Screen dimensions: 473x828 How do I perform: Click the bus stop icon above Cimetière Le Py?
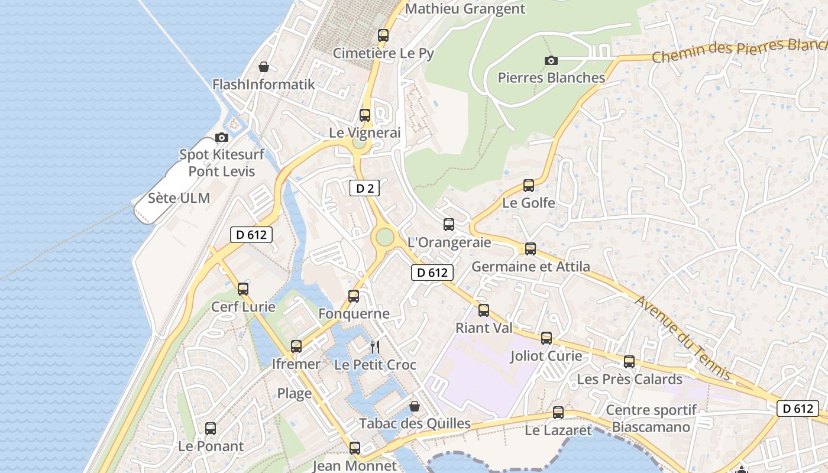[x=383, y=35]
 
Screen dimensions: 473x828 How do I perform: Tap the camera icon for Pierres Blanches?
[x=551, y=60]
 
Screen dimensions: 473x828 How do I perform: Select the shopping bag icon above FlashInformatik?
[x=264, y=67]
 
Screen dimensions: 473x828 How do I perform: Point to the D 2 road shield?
[x=364, y=189]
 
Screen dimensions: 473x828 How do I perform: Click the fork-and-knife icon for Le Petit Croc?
[x=374, y=346]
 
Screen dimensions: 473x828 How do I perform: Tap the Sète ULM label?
[x=179, y=198]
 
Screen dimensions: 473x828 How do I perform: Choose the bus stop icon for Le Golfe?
[x=529, y=186]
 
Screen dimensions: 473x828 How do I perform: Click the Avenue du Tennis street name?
[x=683, y=338]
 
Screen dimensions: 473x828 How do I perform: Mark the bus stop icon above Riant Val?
[x=484, y=310]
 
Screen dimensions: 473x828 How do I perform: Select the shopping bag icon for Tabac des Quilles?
[x=415, y=406]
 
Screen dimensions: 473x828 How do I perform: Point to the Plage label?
[x=295, y=393]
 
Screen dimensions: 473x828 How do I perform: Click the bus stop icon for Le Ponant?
[x=211, y=429]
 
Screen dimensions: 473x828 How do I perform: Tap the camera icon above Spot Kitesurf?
[x=222, y=138]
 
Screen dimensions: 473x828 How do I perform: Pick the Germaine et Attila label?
[x=531, y=267]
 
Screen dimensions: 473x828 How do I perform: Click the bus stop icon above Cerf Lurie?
[x=243, y=289]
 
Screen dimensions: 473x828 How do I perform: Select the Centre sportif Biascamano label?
[x=651, y=418]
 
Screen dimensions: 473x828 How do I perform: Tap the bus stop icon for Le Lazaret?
[x=558, y=413]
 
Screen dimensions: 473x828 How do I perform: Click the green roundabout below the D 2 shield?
[x=384, y=237]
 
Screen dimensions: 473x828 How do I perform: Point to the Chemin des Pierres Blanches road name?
[x=739, y=50]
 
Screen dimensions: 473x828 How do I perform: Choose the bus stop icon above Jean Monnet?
[x=355, y=448]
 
